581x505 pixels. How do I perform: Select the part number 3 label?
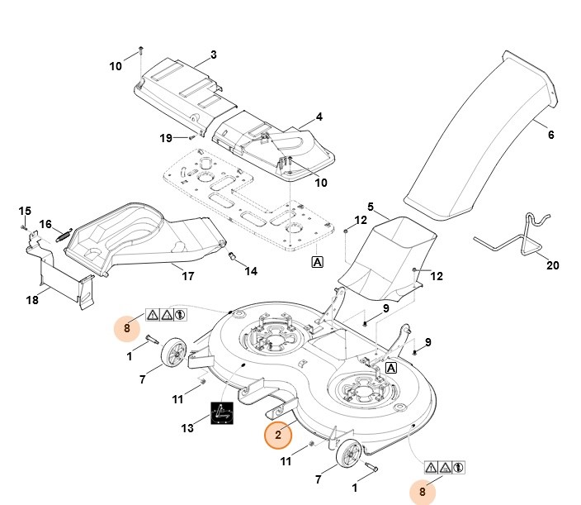[213, 55]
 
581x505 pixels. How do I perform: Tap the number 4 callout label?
[319, 117]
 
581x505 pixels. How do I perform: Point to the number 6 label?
[550, 135]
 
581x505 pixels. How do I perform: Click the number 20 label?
[552, 265]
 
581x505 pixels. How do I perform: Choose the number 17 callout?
[188, 277]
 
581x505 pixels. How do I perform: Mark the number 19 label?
[166, 138]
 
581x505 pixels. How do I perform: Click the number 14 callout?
[250, 270]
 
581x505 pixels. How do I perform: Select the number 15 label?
[25, 211]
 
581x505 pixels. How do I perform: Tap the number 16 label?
[45, 224]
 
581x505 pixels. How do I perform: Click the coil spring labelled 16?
[64, 235]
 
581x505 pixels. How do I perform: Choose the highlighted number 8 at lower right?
[423, 493]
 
